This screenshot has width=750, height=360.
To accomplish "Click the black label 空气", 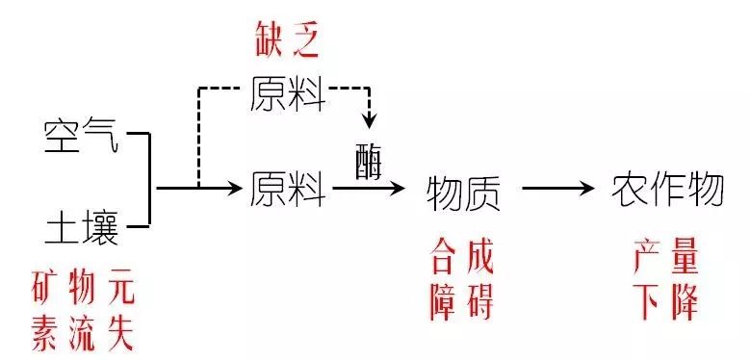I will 81,137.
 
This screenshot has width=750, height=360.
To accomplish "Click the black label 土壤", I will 81,229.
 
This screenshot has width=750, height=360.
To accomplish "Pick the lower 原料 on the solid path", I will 288,188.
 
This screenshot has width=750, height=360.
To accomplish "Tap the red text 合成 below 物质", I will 462,258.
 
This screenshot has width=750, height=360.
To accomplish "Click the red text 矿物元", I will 81,287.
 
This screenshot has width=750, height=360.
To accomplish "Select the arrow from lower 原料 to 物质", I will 370,189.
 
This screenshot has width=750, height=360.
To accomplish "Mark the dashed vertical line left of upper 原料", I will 198,135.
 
